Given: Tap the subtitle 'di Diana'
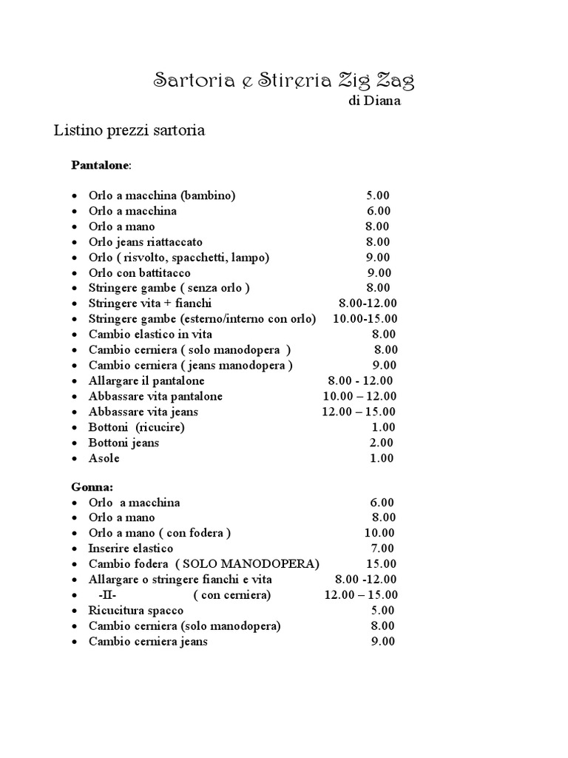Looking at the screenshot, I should (x=374, y=101).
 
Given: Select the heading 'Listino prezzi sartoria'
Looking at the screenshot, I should (x=129, y=131).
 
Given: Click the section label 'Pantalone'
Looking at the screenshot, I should (x=100, y=164).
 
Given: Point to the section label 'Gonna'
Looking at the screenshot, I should (x=92, y=487).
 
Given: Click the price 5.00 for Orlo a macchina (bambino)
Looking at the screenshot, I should (x=377, y=195).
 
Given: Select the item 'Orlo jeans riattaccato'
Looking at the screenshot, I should (x=145, y=242).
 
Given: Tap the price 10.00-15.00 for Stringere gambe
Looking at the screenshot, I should (x=365, y=319).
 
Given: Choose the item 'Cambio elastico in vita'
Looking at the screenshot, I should (x=150, y=335).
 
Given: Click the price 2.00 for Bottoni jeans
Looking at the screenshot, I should (x=382, y=443).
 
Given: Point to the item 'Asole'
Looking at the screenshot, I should (x=104, y=458).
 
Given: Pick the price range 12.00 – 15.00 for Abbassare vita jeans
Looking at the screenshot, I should (x=359, y=412).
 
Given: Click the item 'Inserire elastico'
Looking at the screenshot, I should (x=131, y=549).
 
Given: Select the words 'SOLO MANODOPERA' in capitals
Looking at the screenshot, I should (x=247, y=564).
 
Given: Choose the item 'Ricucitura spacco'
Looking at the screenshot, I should (x=136, y=611).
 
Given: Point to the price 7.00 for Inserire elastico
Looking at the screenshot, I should (x=382, y=549).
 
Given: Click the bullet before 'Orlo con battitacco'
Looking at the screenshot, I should (x=75, y=273).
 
